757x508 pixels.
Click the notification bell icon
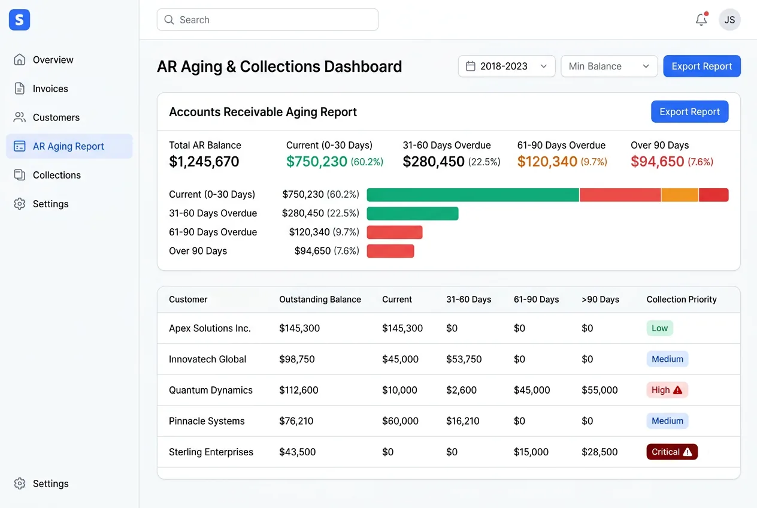(x=701, y=20)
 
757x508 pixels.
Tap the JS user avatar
(x=729, y=20)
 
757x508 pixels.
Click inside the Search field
(x=268, y=20)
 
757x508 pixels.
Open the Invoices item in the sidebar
(x=50, y=89)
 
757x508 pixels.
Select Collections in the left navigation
(x=56, y=175)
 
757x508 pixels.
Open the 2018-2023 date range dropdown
(x=506, y=66)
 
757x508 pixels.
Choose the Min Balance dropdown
(x=609, y=66)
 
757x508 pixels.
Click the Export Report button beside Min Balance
(x=701, y=66)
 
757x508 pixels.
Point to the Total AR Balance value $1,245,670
(x=204, y=162)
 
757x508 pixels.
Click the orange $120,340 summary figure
(x=547, y=162)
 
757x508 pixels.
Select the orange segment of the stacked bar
(x=680, y=195)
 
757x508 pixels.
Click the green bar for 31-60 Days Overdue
(x=413, y=213)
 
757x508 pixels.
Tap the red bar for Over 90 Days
(x=390, y=251)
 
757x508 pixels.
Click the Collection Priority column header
(x=682, y=300)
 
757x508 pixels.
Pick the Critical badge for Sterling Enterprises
(x=672, y=452)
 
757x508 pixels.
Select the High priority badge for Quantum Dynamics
(x=667, y=390)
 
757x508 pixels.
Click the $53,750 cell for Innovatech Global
(x=464, y=359)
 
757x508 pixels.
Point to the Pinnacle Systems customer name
(x=207, y=421)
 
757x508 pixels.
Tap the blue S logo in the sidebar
(x=19, y=20)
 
